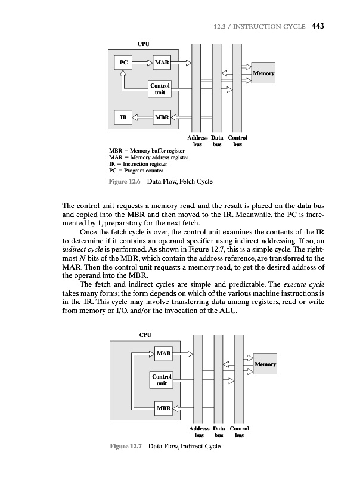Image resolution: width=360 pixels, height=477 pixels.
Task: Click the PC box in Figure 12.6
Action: click(x=123, y=62)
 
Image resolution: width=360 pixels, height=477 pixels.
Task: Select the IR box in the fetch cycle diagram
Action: click(x=123, y=117)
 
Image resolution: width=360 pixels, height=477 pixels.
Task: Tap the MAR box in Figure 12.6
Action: click(x=162, y=62)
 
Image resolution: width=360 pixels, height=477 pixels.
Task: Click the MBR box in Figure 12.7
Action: click(x=163, y=408)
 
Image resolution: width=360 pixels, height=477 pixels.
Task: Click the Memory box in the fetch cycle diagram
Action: click(x=263, y=73)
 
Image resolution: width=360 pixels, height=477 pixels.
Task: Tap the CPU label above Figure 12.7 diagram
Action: click(x=145, y=335)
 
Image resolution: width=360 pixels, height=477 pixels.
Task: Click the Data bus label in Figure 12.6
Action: click(x=218, y=141)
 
